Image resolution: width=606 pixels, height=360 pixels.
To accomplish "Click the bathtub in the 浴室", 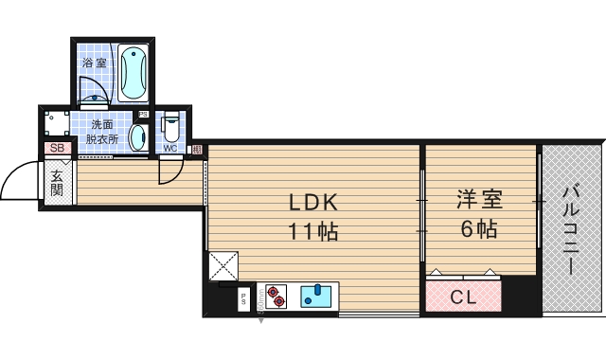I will [x=134, y=73].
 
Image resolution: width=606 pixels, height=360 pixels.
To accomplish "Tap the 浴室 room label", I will [x=94, y=63].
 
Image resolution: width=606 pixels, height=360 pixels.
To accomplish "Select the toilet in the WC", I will [x=171, y=127].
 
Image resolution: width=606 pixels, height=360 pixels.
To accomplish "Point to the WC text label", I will [x=170, y=148].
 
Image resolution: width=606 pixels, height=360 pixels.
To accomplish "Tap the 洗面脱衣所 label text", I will [x=101, y=132].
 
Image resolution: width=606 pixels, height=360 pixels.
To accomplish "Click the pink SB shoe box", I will [x=56, y=148].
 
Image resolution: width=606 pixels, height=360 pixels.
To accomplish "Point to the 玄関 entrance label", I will [x=57, y=183].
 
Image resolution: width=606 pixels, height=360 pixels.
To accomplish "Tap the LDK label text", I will [x=313, y=203].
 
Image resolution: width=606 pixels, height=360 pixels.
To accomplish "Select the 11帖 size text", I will [x=313, y=230].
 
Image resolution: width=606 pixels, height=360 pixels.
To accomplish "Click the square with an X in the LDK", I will [x=223, y=265].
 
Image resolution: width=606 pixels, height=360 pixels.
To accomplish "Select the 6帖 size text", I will [x=478, y=228].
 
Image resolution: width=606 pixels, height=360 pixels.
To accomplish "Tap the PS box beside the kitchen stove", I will [x=244, y=298].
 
